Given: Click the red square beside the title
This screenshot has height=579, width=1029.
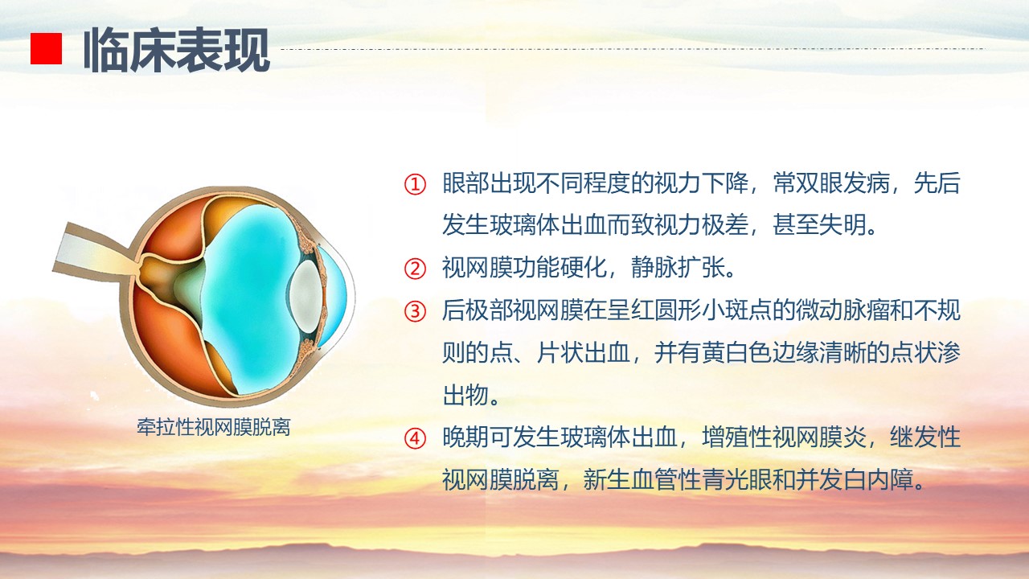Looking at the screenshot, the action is click(x=46, y=48).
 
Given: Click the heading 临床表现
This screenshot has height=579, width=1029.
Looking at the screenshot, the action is click(x=176, y=50).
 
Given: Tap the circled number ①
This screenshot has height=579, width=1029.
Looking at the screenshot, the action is click(x=415, y=185).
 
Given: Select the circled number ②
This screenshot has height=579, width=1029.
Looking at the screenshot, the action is click(x=415, y=269).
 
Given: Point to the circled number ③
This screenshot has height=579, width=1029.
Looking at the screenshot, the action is click(x=415, y=311).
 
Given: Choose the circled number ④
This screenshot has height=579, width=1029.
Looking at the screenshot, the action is click(x=415, y=439).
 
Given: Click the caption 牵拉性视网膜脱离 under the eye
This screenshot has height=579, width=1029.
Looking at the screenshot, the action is click(x=214, y=427).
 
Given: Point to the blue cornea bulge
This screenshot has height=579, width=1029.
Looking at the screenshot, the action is click(x=336, y=297).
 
